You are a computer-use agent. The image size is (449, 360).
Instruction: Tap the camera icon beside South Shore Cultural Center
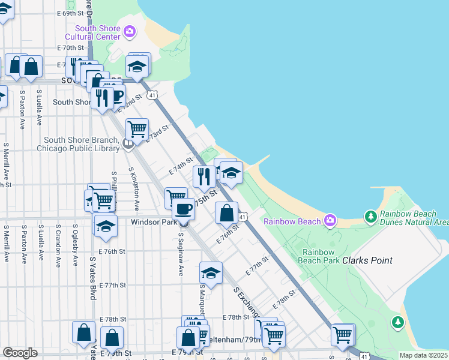pos(129,31)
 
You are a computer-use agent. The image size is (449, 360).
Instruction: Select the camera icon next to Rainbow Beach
pos(330,221)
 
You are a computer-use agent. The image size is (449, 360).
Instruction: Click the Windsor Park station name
pos(154,222)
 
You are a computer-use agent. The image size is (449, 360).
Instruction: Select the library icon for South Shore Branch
pos(127,143)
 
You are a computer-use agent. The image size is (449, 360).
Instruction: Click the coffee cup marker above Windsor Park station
pos(183,209)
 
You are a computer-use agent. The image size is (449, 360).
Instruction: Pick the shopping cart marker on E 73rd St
pos(137,128)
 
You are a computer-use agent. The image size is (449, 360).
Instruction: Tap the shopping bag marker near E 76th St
pos(226,213)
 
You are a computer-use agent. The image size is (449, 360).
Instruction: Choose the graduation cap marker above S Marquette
pos(211,272)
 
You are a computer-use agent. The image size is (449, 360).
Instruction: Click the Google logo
pos(20,353)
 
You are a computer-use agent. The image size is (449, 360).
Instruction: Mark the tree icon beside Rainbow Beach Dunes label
pos(371,215)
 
